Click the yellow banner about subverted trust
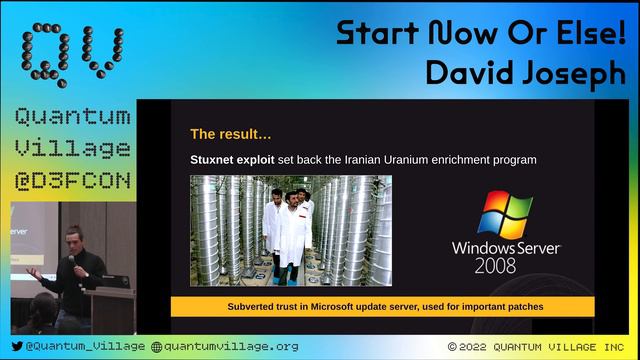click(382, 307)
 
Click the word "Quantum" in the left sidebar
click(72, 118)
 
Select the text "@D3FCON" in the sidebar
click(72, 182)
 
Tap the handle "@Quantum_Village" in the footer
click(86, 346)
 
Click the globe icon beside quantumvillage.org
click(156, 346)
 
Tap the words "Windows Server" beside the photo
click(505, 246)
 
